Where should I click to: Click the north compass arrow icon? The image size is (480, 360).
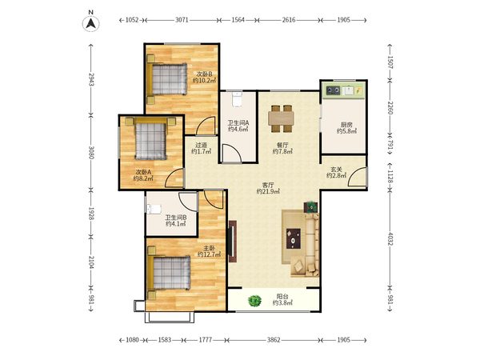point(91,23)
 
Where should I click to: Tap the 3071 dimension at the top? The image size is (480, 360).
point(182,20)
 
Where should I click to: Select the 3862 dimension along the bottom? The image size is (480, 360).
point(274,340)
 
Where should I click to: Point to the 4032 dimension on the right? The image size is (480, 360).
point(390,238)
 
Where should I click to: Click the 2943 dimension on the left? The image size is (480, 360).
point(91,79)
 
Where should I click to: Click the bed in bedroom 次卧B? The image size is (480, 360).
point(166,79)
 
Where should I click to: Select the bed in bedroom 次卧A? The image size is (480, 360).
point(150,138)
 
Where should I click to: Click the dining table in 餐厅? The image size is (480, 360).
point(281,118)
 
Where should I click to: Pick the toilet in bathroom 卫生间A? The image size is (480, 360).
point(237,99)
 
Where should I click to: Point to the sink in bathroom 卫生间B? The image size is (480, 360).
point(154,209)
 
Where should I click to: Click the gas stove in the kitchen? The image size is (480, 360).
point(333,90)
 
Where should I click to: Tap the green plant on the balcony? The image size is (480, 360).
point(254,301)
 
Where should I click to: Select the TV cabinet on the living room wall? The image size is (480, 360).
point(233,242)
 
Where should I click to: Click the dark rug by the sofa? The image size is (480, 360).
point(294,238)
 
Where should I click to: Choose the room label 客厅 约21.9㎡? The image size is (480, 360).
point(268,189)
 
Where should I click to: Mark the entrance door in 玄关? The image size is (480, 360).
point(358,177)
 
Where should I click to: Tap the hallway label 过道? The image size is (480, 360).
point(201,145)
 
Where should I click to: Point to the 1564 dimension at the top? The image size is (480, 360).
point(238,20)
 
